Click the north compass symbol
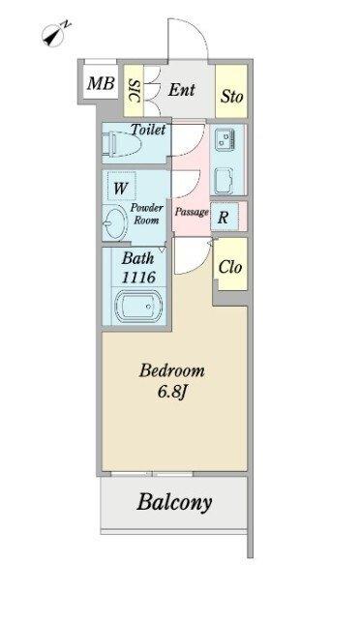[54, 34]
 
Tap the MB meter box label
[102, 83]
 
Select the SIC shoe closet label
[135, 91]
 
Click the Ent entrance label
[181, 90]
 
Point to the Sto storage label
[231, 97]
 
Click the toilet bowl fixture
[122, 145]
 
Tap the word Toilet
[148, 129]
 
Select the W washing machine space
[120, 189]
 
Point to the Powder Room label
[146, 214]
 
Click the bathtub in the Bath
[138, 306]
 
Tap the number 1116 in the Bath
[138, 278]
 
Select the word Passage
[192, 212]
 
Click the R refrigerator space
[225, 217]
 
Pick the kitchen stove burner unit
[225, 140]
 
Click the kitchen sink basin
[224, 180]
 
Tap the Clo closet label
[230, 267]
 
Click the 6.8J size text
[172, 392]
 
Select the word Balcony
[174, 502]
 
